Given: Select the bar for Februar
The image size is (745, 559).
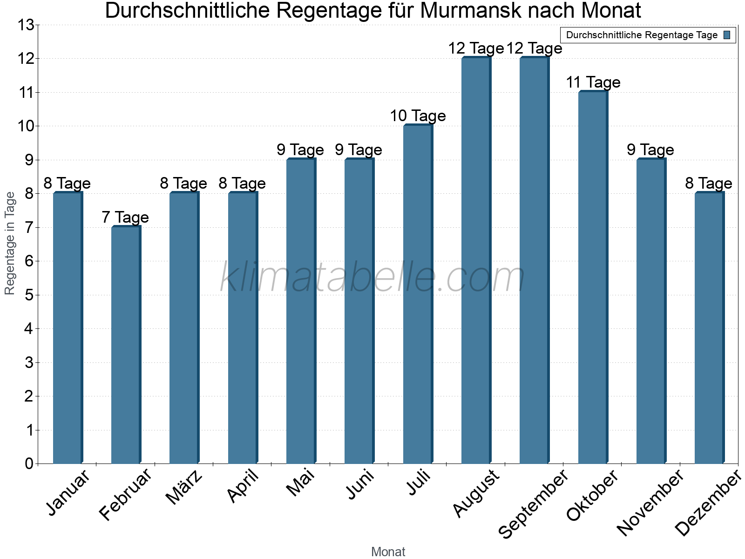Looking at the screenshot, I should pos(126,345).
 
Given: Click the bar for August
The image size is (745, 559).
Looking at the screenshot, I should pos(476,261).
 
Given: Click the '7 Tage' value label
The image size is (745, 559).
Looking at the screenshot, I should pos(125,218).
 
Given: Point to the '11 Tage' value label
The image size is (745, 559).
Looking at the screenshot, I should pos(593,82).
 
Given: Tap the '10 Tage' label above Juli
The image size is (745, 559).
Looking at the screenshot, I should pos(418,116).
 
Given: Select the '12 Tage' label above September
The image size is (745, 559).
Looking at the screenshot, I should pos(535,48).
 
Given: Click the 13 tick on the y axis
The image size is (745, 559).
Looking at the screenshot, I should pos(26,25).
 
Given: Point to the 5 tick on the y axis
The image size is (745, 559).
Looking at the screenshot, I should pos(29,295).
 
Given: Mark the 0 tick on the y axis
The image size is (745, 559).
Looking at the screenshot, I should pos(29,464).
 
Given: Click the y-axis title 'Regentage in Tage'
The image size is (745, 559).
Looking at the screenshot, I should pos(10,243).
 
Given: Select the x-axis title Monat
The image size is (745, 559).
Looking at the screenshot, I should pos(388,552).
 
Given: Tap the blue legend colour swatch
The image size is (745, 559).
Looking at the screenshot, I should pos(727,35).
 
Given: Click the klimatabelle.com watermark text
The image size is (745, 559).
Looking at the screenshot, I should pos(372,278).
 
